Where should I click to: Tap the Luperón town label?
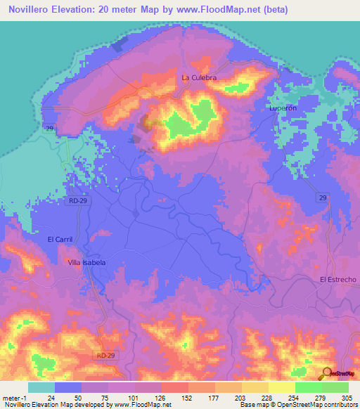(284, 109)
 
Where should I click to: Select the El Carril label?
(60, 240)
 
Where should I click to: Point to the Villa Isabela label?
(86, 262)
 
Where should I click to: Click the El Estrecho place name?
(337, 280)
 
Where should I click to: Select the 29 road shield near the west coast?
(49, 127)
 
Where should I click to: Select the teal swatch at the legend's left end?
(41, 387)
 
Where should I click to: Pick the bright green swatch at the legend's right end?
(335, 387)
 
